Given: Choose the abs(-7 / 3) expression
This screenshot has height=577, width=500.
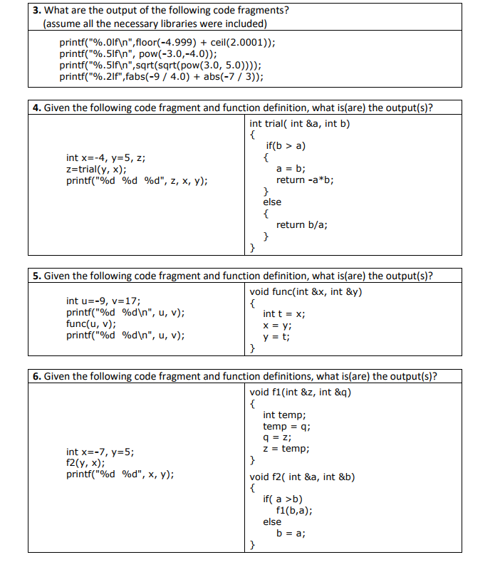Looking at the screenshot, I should [x=227, y=76].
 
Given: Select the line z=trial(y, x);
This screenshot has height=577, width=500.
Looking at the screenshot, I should [x=97, y=169].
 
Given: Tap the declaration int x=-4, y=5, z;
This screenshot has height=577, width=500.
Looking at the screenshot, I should [x=106, y=157].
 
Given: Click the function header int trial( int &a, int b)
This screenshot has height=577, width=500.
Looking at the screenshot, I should [x=300, y=123].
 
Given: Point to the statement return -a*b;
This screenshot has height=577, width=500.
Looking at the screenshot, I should [x=305, y=180].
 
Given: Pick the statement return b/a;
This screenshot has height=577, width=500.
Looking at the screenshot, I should [x=302, y=224].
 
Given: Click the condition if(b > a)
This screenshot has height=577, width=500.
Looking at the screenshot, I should [x=285, y=146].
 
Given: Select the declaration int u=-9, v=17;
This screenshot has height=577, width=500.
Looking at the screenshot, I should [x=103, y=301].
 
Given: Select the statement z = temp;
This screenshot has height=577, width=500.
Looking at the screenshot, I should [x=286, y=449].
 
